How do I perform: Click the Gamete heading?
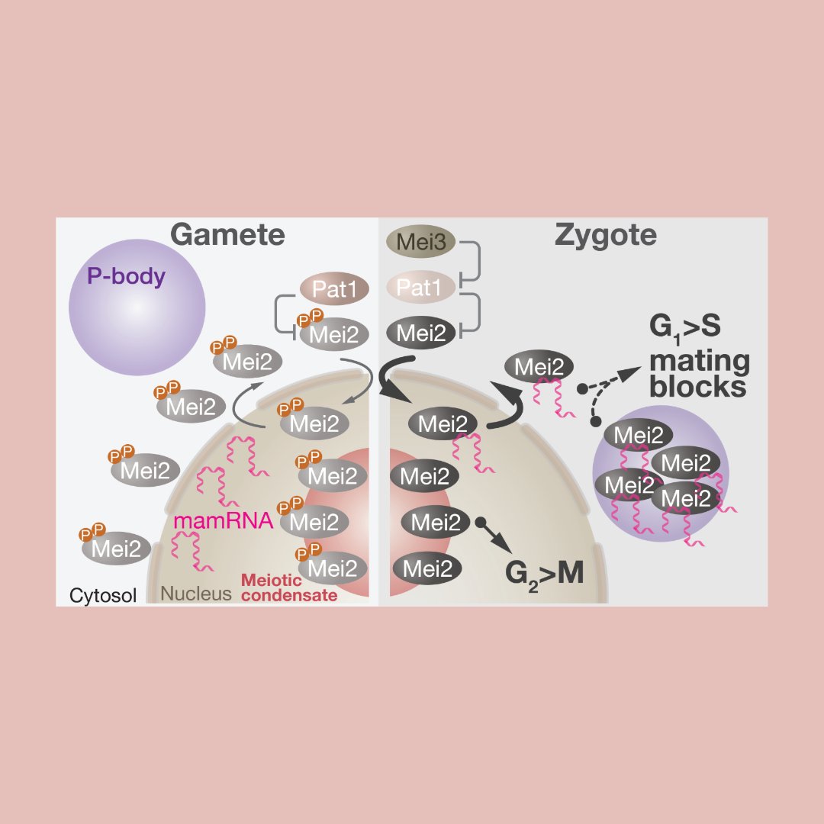227,235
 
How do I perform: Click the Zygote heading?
605,235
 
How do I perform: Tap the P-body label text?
126,276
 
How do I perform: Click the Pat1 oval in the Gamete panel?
334,290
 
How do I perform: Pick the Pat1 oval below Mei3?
421,288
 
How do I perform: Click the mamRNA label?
222,523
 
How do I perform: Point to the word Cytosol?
103,594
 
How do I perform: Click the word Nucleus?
196,594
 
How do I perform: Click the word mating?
700,362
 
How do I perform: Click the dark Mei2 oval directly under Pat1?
421,333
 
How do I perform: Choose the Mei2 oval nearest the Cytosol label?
117,549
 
